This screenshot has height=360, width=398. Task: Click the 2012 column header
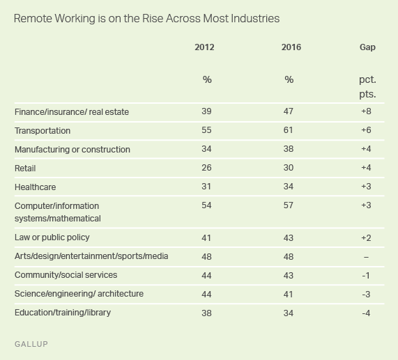click(204, 47)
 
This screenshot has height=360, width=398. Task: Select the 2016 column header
click(291, 47)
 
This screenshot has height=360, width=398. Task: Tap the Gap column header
click(367, 47)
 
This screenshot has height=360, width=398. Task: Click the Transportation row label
click(43, 131)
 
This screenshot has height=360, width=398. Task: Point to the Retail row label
click(25, 168)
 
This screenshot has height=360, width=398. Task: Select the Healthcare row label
click(35, 187)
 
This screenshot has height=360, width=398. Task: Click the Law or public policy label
click(52, 237)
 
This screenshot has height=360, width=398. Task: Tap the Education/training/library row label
click(63, 313)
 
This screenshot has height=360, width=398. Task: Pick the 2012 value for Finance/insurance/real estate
click(206, 111)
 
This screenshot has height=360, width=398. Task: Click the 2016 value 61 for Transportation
click(289, 130)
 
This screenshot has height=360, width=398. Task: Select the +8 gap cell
click(366, 111)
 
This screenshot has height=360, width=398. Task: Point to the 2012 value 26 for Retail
click(206, 168)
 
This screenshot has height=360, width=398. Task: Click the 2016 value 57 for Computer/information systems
click(289, 205)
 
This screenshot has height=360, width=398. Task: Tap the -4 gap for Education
click(366, 313)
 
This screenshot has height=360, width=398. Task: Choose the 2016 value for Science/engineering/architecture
click(289, 295)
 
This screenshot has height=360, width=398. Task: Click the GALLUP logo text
click(31, 344)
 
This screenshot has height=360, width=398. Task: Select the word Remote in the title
click(33, 19)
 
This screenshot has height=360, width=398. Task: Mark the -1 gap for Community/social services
click(366, 276)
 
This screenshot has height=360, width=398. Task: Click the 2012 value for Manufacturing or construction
click(206, 149)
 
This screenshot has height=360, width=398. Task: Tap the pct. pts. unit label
click(367, 87)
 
